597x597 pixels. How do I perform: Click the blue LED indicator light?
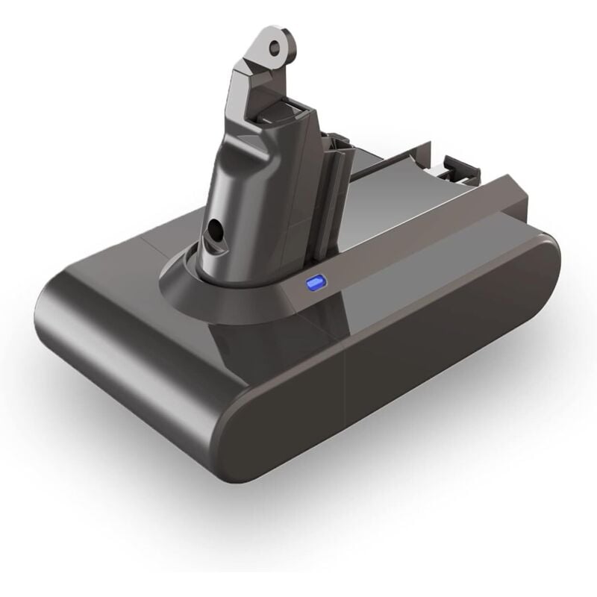tap(315, 283)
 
